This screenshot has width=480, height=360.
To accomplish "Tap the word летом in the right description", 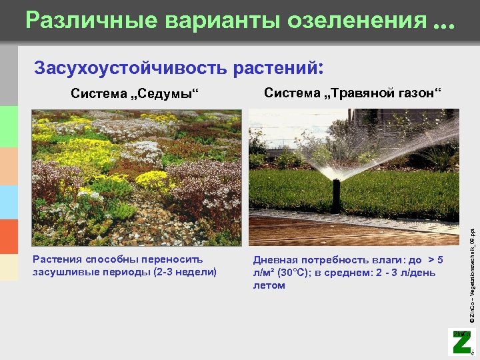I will tap(269, 285).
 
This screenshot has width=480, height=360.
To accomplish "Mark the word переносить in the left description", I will tap(174, 259).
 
